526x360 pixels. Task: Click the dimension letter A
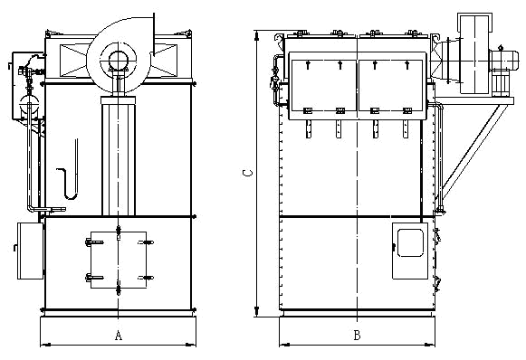pos(119,336)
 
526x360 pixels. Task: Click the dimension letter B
pos(357,336)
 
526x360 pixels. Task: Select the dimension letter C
pos(247,173)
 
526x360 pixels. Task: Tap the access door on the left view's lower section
pos(119,260)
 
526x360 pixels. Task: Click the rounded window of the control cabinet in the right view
pos(410,243)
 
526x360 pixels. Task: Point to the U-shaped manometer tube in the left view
pos(72,196)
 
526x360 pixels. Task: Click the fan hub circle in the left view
pos(118,61)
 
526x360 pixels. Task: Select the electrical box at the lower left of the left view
pos(30,251)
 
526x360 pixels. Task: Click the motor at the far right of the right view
pos(500,61)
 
